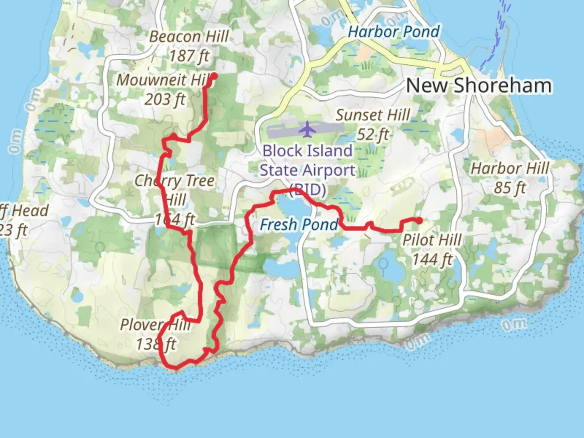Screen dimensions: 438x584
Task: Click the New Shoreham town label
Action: [x=479, y=86]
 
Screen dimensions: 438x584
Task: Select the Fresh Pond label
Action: [x=299, y=224]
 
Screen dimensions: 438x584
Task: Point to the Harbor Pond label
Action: [x=394, y=32]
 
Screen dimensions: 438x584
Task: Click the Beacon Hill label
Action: [x=189, y=36]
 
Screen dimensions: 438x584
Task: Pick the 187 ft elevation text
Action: [x=189, y=56]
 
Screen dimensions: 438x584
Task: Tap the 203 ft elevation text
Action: [x=165, y=99]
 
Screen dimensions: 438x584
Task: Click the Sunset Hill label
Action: [x=373, y=115]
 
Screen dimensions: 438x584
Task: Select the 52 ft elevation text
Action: [x=373, y=134]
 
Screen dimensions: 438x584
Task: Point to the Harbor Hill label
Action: [x=510, y=168]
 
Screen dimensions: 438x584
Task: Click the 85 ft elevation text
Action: [x=510, y=187]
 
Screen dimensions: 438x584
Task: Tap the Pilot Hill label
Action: [x=432, y=240]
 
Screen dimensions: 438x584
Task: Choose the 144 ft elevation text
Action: [x=432, y=259]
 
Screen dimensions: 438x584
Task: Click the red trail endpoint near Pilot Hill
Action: [x=419, y=221]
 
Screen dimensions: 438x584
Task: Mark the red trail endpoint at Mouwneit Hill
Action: [x=213, y=76]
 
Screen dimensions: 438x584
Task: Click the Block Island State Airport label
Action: [x=307, y=170]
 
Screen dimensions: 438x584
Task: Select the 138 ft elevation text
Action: [x=156, y=344]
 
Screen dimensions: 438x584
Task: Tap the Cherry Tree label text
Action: [x=174, y=181]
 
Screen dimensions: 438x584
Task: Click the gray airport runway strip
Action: [x=284, y=131]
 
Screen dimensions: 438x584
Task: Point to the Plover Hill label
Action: [x=155, y=324]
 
